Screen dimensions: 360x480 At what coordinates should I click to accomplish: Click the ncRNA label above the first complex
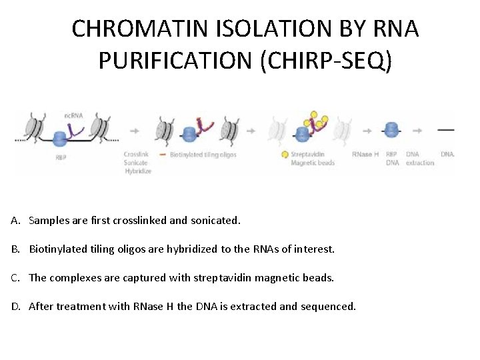click(74, 116)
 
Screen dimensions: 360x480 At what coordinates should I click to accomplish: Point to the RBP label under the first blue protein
click(61, 158)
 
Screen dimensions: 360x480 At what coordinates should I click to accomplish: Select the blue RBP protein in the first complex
click(61, 139)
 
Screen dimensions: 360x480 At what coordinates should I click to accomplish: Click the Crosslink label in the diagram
click(136, 155)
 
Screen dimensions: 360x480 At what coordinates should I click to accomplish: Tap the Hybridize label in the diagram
click(137, 171)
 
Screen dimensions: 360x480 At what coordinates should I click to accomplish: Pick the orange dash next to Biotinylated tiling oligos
click(163, 155)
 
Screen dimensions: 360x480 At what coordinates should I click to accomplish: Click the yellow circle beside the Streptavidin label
click(285, 155)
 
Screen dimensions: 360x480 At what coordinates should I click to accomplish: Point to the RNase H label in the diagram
click(365, 155)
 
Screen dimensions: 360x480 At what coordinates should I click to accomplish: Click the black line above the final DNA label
click(447, 129)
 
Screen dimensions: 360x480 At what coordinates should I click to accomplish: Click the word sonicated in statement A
click(216, 220)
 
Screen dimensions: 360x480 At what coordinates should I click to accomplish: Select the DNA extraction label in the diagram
click(420, 159)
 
